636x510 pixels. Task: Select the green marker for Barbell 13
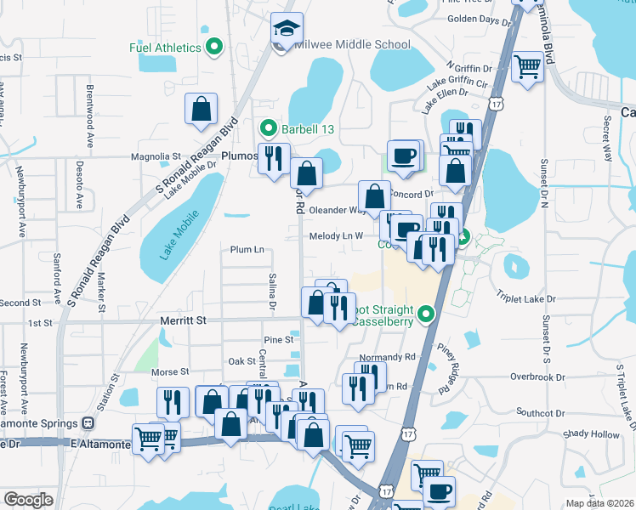(269, 129)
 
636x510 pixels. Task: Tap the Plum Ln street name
(247, 250)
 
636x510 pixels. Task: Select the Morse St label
(170, 372)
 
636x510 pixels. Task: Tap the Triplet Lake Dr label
(526, 299)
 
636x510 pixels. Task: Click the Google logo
(28, 500)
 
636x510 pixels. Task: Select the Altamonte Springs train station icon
(88, 423)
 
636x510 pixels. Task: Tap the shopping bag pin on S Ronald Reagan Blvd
(202, 109)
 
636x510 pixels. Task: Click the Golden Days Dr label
(477, 19)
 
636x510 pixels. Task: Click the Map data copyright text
(599, 503)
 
